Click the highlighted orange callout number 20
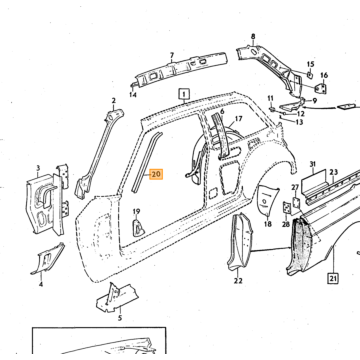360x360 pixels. (156, 174)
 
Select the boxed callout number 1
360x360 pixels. (184, 94)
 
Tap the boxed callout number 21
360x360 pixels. (333, 278)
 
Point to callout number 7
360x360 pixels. (172, 55)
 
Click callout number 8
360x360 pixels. (253, 37)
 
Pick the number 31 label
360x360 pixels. (312, 164)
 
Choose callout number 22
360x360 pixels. (238, 281)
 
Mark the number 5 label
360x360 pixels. (120, 318)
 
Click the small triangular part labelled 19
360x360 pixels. (138, 227)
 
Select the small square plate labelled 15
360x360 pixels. (310, 75)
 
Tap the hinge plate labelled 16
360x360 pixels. (321, 88)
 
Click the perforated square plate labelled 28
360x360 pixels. (286, 208)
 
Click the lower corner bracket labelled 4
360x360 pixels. (48, 259)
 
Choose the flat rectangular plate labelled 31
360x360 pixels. (314, 184)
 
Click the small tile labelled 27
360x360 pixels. (296, 202)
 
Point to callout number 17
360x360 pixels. (239, 119)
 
